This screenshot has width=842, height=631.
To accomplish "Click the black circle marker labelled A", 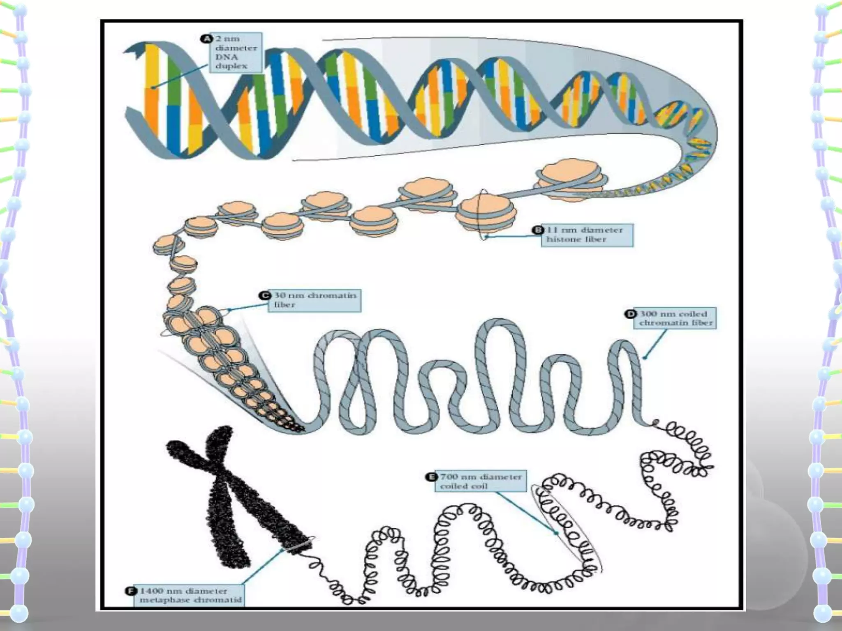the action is (205, 39).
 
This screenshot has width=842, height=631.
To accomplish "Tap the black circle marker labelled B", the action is (538, 230).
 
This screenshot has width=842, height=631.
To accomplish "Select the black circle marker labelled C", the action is (265, 296).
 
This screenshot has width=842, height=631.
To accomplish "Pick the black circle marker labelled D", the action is (630, 314).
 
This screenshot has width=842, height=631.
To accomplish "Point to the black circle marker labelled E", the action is (431, 477).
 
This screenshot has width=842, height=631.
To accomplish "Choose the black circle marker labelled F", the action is (130, 591).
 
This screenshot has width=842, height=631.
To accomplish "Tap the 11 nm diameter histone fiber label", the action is (587, 235).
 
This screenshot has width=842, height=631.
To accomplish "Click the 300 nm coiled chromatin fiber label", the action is (675, 318).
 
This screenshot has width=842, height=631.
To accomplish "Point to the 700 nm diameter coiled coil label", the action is (481, 481).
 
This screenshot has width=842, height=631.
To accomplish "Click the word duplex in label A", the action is (231, 67).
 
